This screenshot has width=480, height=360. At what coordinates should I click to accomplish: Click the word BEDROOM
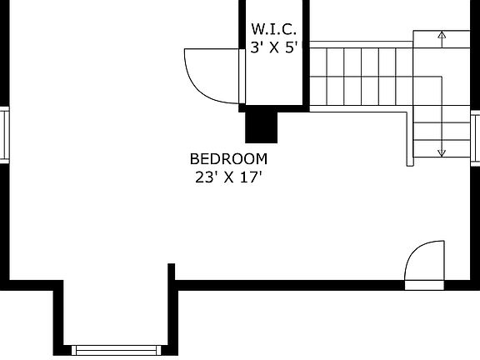(x=228, y=159)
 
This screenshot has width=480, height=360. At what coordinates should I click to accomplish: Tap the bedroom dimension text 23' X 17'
(x=228, y=177)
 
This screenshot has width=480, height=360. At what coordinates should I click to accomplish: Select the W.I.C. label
(x=273, y=29)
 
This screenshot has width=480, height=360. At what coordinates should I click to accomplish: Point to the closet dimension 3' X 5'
(x=274, y=47)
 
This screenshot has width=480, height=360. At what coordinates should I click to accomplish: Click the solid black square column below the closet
(x=261, y=127)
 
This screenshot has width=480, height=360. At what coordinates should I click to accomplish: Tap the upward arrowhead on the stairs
(x=442, y=34)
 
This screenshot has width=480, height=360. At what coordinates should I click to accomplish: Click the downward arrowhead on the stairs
(x=442, y=152)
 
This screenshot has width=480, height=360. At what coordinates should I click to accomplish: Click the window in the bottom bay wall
(x=116, y=350)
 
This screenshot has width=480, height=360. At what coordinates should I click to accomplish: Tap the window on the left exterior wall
(x=4, y=135)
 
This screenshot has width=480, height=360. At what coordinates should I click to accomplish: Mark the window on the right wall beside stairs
(x=475, y=138)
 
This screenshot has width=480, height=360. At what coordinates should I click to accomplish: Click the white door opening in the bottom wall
(x=424, y=285)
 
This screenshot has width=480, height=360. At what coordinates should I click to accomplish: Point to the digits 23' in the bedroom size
(x=204, y=177)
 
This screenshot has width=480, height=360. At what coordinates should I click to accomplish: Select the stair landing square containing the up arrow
(x=442, y=39)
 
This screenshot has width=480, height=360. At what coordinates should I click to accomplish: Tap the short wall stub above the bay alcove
(x=172, y=272)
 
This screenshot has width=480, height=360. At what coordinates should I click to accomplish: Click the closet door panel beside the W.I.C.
(x=242, y=76)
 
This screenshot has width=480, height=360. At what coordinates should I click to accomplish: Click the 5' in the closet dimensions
(x=292, y=47)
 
